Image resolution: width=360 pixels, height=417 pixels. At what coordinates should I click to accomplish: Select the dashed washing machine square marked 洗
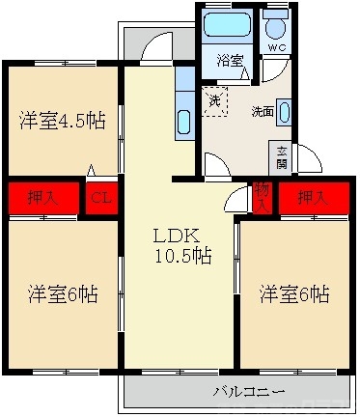pos(214,100)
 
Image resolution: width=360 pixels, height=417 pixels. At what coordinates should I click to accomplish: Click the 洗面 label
pos(263,111)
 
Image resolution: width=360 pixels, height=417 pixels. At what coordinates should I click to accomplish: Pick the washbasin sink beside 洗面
pos(284,110)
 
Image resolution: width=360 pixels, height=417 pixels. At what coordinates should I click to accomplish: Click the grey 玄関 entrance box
pos(281,157)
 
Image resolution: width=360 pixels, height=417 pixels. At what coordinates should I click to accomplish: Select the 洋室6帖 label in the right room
pos(293,292)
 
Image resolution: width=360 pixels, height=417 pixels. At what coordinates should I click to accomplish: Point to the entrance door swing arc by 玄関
pos(307,160)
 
